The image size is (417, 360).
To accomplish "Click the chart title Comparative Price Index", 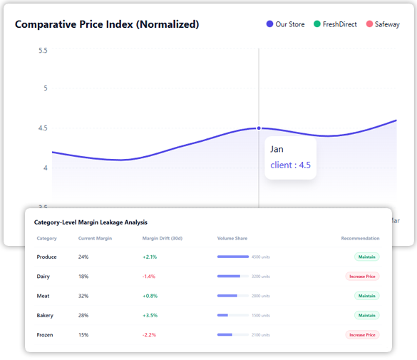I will [107, 24].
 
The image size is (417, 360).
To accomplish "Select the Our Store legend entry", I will [285, 24].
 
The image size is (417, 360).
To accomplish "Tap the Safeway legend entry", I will [382, 24].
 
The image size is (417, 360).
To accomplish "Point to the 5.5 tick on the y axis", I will [43, 51].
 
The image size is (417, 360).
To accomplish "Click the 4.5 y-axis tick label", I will [43, 128].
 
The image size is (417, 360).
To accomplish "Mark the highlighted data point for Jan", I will [259, 128].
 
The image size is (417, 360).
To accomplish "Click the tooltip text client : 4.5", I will [290, 165].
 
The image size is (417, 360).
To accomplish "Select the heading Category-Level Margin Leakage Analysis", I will [91, 223].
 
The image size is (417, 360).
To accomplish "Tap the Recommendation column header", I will [360, 238].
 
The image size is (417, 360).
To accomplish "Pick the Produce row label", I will [46, 257].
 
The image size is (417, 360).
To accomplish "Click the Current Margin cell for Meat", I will [83, 295].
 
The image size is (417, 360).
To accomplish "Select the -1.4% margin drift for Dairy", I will [148, 276].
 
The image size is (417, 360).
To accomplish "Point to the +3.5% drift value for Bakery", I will [149, 314].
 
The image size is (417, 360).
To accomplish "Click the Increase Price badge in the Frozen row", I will [362, 334].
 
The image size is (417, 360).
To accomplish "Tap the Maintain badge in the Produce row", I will [366, 257].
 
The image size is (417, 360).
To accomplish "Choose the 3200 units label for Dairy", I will [261, 277].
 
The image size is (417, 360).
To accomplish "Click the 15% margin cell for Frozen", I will [83, 334].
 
